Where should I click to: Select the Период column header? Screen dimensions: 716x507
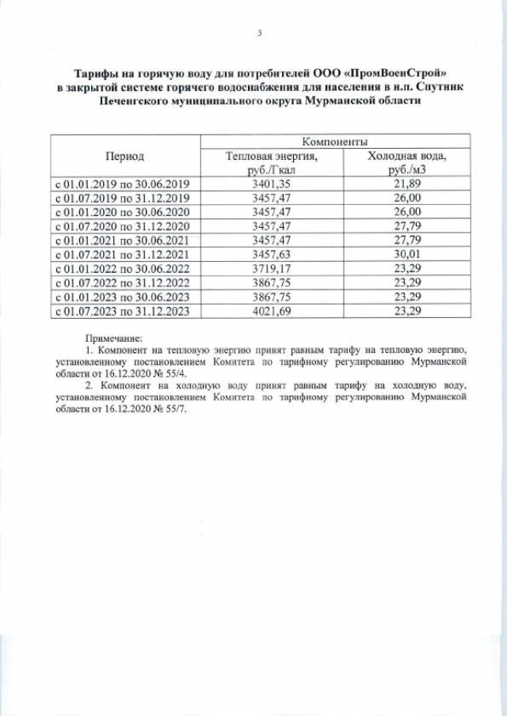(125, 157)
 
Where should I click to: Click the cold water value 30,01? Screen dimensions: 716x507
(407, 254)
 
